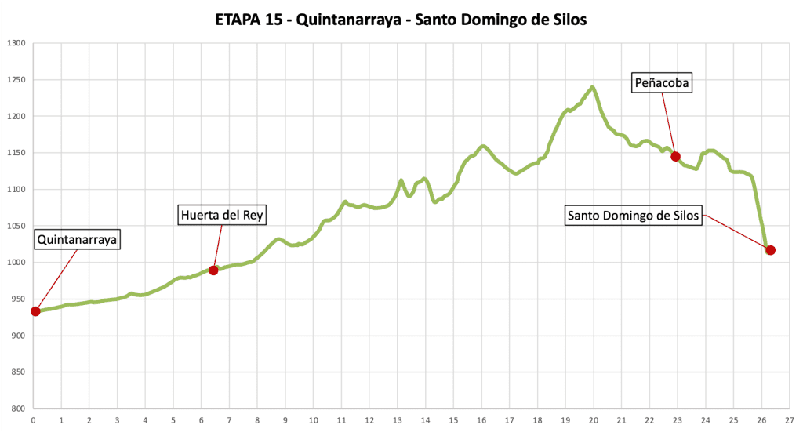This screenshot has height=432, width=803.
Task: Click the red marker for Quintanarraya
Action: click(x=35, y=311)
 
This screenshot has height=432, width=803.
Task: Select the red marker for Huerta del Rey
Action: click(x=213, y=270)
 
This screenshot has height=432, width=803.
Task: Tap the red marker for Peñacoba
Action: click(x=675, y=156)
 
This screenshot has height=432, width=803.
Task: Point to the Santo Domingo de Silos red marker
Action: click(x=770, y=250)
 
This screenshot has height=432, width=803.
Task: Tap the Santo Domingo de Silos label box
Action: click(x=632, y=216)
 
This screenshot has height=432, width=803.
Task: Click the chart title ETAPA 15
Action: click(x=401, y=20)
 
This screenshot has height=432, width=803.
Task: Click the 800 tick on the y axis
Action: click(x=17, y=408)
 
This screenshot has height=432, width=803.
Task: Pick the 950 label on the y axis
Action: click(x=17, y=299)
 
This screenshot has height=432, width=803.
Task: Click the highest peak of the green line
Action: click(x=592, y=87)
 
